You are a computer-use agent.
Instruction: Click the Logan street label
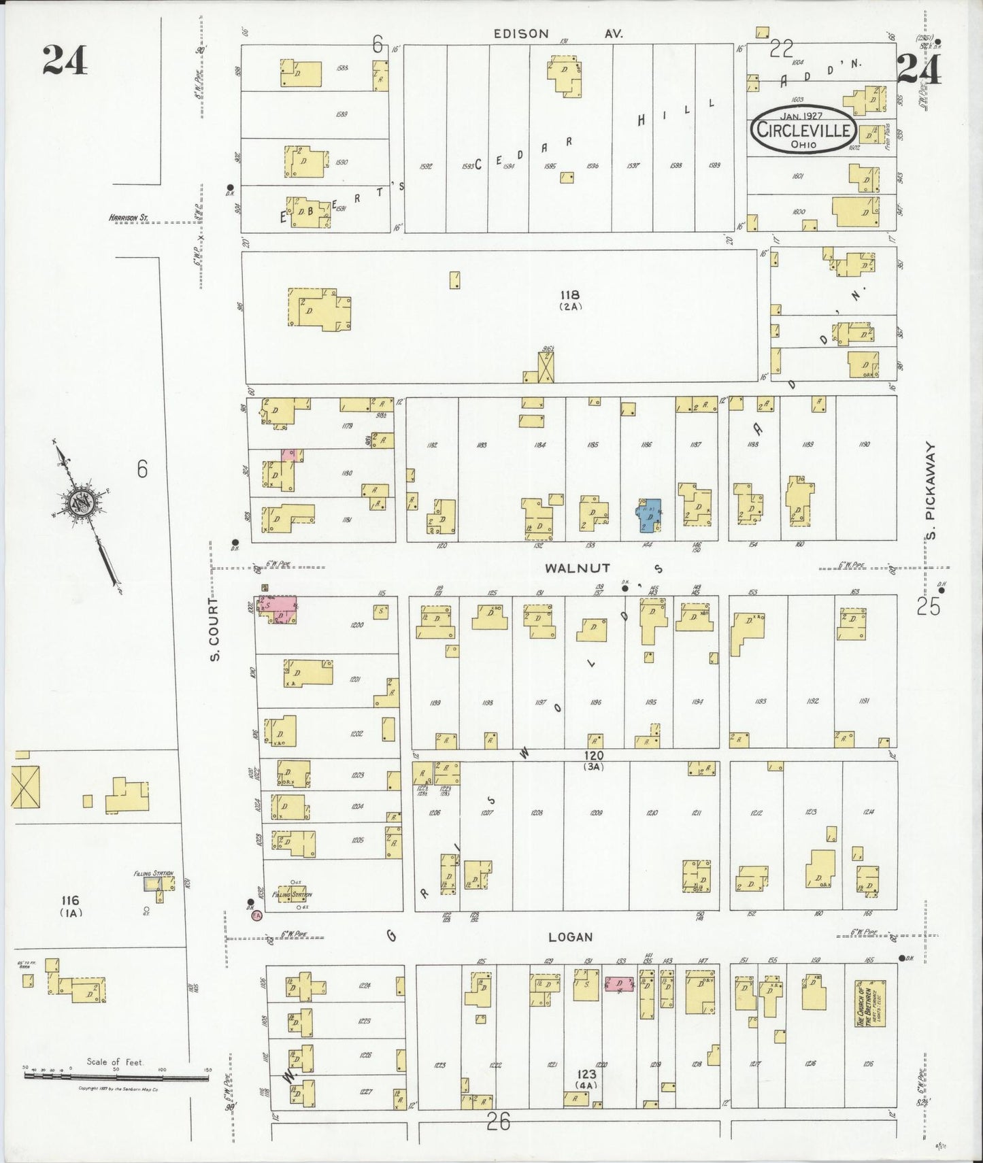(x=570, y=937)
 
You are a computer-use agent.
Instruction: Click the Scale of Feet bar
(x=116, y=1076)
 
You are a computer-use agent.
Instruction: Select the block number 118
(x=569, y=294)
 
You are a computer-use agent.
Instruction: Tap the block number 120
(x=593, y=756)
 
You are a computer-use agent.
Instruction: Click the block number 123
(x=586, y=1074)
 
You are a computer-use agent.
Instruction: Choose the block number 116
(x=70, y=901)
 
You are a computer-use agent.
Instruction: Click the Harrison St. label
(x=129, y=218)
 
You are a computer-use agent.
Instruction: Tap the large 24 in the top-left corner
(x=65, y=59)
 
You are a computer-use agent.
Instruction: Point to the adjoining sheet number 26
(x=499, y=1122)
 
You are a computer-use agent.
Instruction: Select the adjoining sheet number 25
(x=929, y=606)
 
